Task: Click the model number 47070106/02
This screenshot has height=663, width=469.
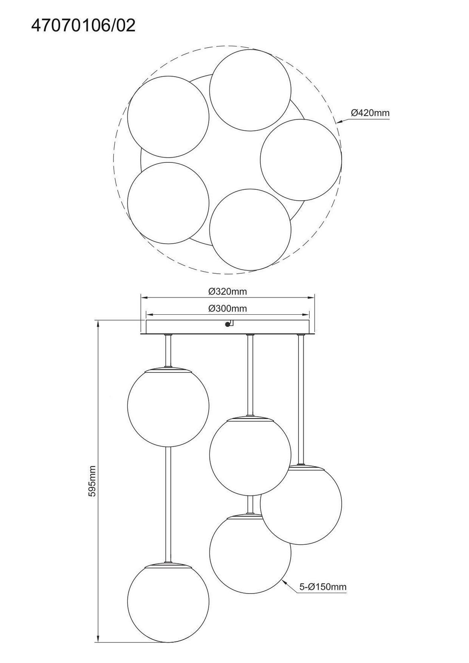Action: coord(83,26)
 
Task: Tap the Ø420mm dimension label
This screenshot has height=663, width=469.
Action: coord(370,113)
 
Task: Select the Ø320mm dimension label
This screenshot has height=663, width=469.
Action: coord(227,292)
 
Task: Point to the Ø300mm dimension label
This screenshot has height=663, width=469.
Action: coord(227,308)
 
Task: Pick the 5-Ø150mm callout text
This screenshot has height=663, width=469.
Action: coord(323,586)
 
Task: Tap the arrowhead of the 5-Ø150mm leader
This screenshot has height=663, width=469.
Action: coord(285,582)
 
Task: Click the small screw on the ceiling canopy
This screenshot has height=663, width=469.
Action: coord(227,324)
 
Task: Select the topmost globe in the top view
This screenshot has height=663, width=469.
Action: coord(250,90)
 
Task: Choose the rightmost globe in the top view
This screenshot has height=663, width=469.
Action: coord(301,160)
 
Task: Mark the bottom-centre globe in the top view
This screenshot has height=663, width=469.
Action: coord(250,229)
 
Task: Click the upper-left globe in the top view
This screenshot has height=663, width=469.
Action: coord(168,117)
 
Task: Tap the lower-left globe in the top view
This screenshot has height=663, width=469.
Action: coord(168,203)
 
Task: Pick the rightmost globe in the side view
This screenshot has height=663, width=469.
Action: coord(301,504)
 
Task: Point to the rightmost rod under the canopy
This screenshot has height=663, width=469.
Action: coord(301,399)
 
